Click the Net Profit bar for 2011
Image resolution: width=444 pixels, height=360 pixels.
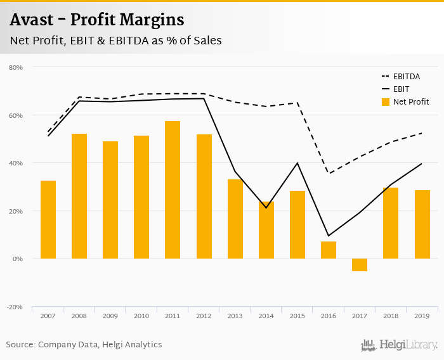pyautogui.click(x=173, y=190)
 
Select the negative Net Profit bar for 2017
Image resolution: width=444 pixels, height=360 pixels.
pyautogui.click(x=359, y=265)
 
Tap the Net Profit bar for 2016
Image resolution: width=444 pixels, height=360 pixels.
pyautogui.click(x=328, y=250)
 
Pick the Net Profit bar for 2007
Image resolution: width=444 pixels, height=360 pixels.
pyautogui.click(x=48, y=219)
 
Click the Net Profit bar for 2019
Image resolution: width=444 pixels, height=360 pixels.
pyautogui.click(x=422, y=224)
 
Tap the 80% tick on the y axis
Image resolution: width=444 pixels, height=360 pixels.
pyautogui.click(x=16, y=67)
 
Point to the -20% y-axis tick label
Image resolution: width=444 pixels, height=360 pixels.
pyautogui.click(x=15, y=307)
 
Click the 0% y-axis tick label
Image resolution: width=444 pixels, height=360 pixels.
pyautogui.click(x=18, y=259)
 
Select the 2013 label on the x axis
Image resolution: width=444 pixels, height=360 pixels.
pyautogui.click(x=235, y=315)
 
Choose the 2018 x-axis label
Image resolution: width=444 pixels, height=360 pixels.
pyautogui.click(x=391, y=315)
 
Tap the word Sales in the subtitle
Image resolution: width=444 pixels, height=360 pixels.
pyautogui.click(x=206, y=41)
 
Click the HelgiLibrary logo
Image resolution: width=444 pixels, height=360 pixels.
pyautogui.click(x=399, y=345)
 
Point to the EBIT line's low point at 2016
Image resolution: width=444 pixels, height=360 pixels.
pyautogui.click(x=328, y=236)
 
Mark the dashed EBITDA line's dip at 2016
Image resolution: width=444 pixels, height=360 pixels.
pyautogui.click(x=328, y=174)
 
